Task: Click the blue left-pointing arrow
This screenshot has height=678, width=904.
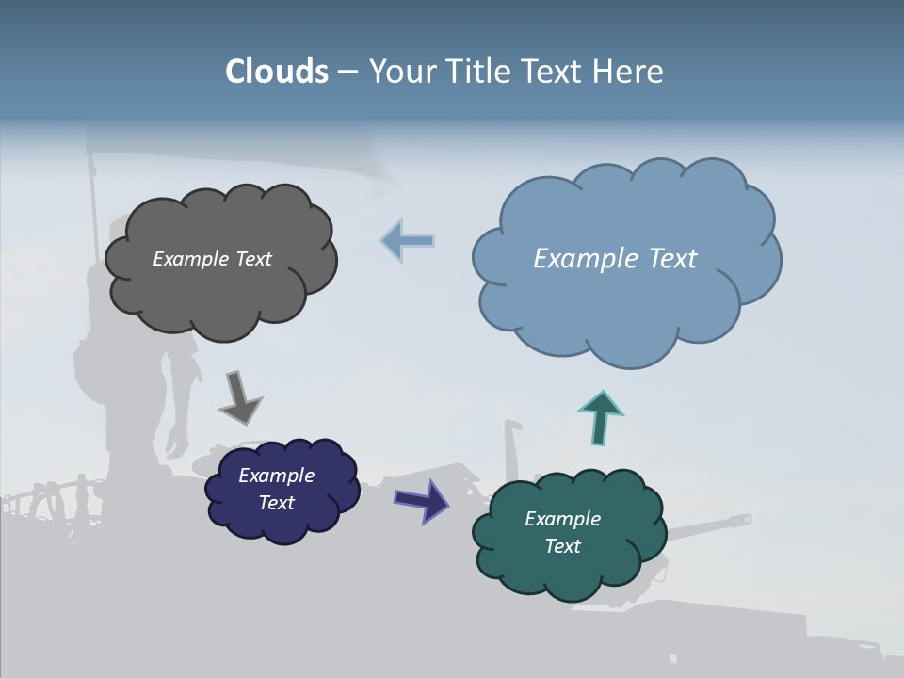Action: tap(408, 240)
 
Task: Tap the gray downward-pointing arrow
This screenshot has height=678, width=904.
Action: tap(240, 397)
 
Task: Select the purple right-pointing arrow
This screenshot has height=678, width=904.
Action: tap(422, 499)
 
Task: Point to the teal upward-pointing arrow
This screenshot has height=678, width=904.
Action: tap(601, 416)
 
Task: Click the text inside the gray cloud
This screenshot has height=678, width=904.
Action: tap(212, 259)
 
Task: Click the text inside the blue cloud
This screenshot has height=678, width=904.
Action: tap(615, 259)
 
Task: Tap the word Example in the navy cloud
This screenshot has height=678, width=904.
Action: tap(276, 476)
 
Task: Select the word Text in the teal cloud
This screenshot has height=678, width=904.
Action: tap(562, 546)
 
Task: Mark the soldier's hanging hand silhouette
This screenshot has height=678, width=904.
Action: tap(176, 441)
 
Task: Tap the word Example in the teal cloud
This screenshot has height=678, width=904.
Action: tap(562, 519)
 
